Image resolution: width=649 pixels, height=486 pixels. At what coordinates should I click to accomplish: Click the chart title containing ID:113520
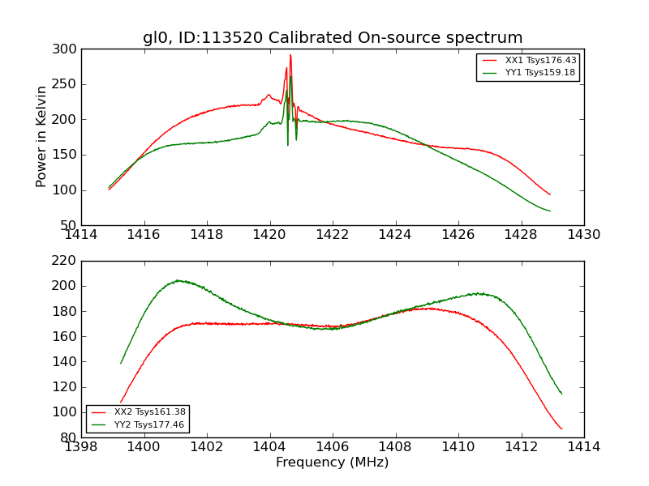click(x=333, y=38)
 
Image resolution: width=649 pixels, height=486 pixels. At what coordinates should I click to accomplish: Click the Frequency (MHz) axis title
click(x=332, y=463)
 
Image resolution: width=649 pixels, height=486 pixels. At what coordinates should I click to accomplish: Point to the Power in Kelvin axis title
click(x=42, y=137)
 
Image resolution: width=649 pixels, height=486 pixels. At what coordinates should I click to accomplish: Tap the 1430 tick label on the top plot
click(x=583, y=235)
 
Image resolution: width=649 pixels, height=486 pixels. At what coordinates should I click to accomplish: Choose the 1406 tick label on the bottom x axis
click(x=332, y=447)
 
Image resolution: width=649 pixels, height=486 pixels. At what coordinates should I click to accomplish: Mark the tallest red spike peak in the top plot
click(x=290, y=55)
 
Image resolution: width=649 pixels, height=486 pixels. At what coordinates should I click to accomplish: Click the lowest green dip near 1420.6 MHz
click(x=287, y=145)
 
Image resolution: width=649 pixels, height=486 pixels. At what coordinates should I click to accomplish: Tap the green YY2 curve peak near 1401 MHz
click(x=178, y=280)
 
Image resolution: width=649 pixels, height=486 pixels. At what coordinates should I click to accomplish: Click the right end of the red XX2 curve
click(x=561, y=428)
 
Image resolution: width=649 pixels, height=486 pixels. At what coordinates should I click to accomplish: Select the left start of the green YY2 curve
click(x=121, y=363)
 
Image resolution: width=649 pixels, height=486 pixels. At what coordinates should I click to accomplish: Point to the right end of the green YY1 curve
click(x=550, y=211)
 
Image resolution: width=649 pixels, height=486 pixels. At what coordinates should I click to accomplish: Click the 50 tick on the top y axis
click(x=69, y=226)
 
